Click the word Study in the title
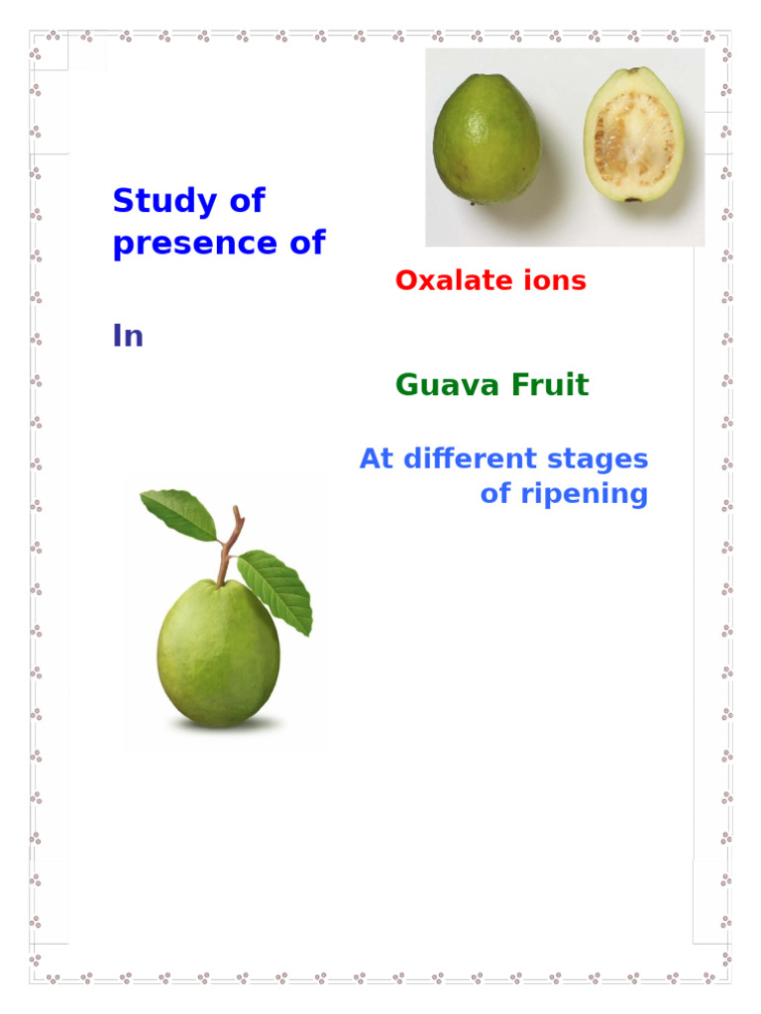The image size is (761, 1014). [162, 202]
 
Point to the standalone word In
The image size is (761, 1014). [128, 337]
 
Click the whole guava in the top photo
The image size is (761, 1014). [487, 139]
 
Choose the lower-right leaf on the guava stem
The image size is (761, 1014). [277, 590]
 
